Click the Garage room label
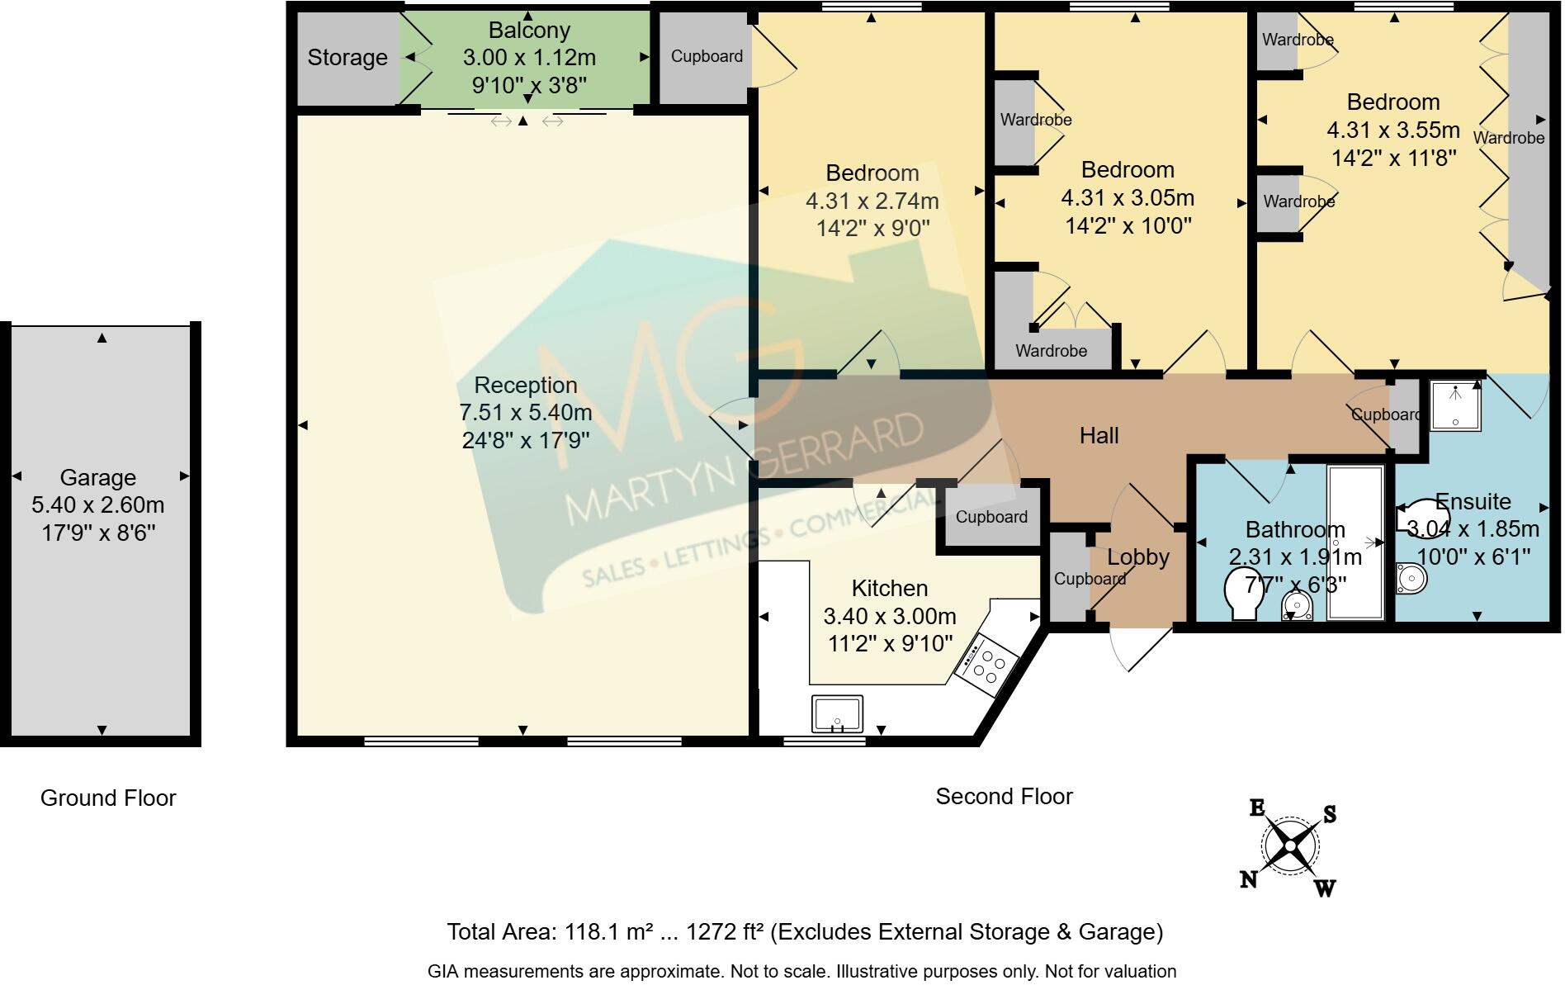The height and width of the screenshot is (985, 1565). (x=97, y=477)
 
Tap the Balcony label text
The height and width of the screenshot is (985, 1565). (x=529, y=31)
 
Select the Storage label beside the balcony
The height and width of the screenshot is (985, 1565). (x=348, y=58)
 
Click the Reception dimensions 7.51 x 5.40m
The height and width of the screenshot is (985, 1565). (x=527, y=413)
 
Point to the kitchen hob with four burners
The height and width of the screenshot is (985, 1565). (x=986, y=662)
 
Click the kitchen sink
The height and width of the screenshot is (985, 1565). (x=837, y=714)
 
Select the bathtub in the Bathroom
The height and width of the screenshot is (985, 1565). (x=1355, y=542)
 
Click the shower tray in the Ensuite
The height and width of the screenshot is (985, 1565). (x=1455, y=405)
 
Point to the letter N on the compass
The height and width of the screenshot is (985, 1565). (x=1249, y=880)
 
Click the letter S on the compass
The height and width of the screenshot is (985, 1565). (x=1329, y=814)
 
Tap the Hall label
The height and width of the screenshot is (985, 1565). (x=1099, y=436)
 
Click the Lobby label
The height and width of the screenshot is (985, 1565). (x=1138, y=557)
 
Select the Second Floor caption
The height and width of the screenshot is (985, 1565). (x=1004, y=797)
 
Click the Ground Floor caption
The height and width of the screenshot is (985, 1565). (x=108, y=798)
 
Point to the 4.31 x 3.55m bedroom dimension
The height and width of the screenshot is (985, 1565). (x=1393, y=130)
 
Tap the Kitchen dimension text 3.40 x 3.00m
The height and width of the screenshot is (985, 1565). (x=890, y=617)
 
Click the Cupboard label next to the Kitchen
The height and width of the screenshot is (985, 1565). (x=991, y=517)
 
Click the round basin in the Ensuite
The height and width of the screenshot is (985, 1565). (x=1411, y=578)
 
